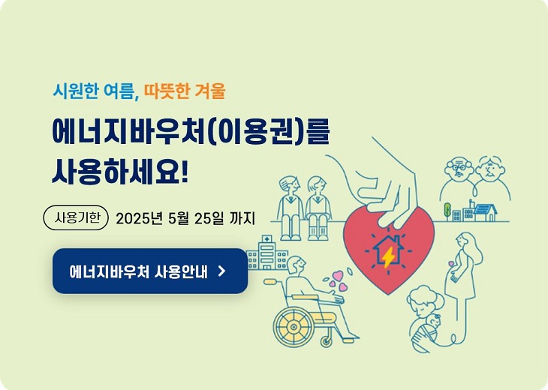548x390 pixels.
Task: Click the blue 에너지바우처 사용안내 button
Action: point(149,271)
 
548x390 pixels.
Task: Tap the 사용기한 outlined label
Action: point(77,218)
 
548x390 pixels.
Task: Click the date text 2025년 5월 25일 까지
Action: point(185,219)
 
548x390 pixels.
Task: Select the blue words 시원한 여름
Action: point(94,91)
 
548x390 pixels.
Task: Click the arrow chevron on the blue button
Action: point(221,271)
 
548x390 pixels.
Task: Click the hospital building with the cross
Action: point(266,253)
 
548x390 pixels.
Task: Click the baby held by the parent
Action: point(431,324)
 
